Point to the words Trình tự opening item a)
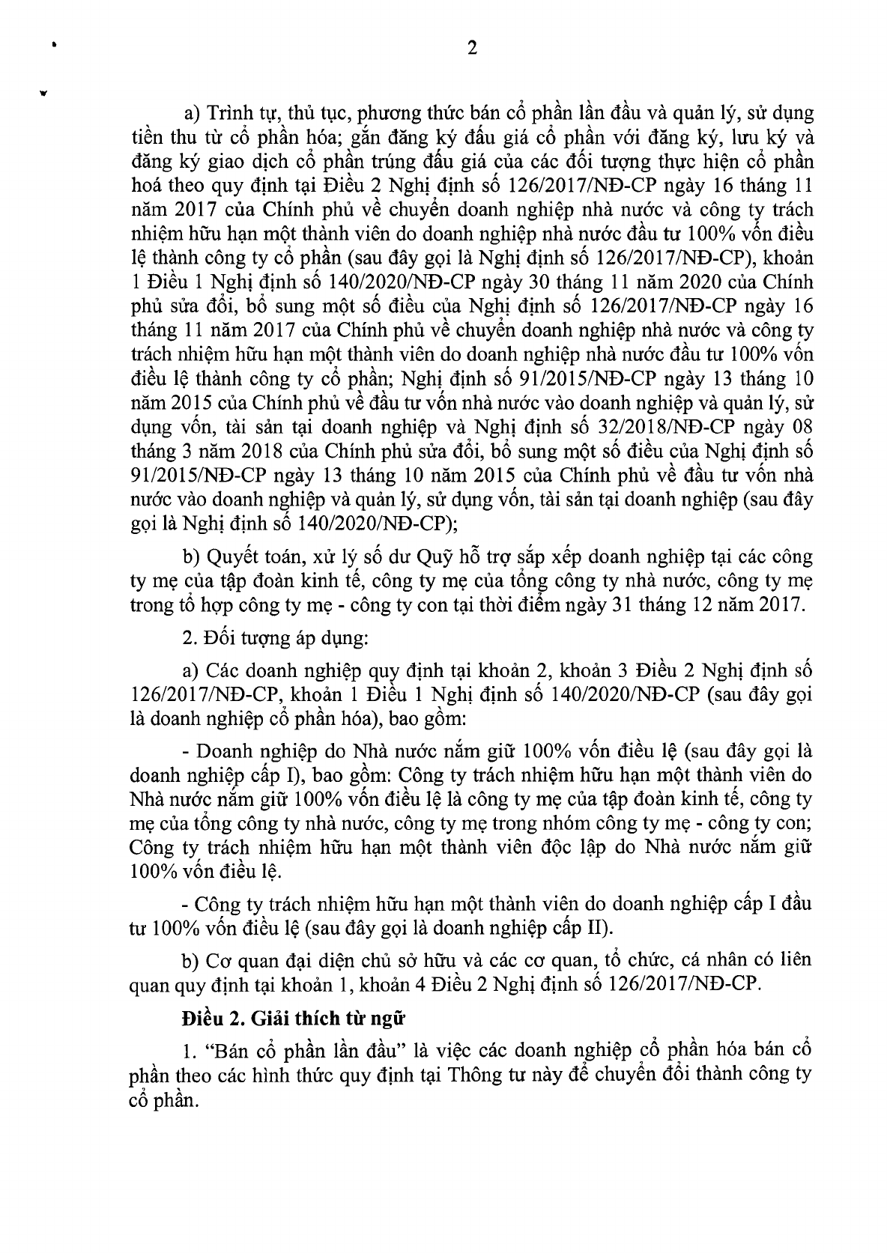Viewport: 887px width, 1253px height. [243, 115]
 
